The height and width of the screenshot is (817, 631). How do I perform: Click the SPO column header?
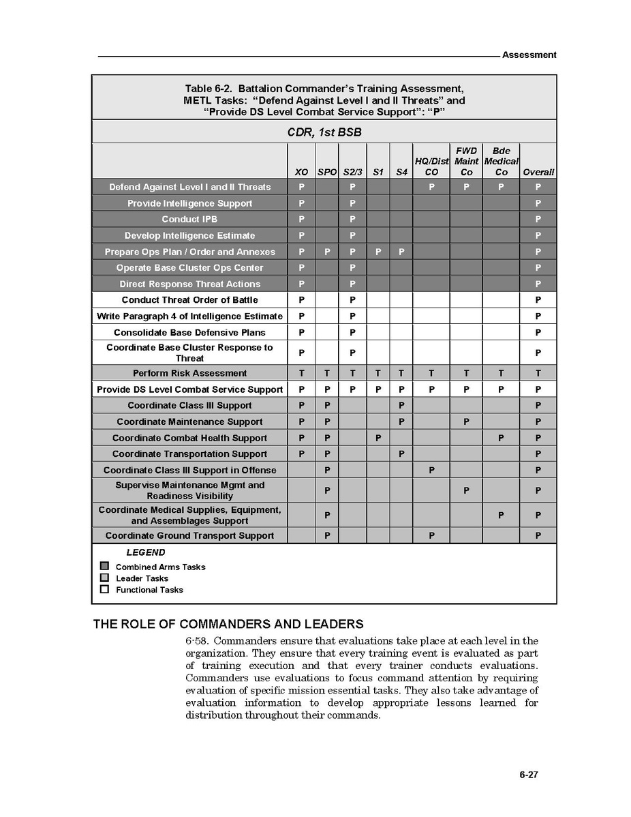point(327,173)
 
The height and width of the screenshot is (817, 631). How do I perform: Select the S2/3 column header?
point(352,173)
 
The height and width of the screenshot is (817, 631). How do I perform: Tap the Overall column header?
point(538,173)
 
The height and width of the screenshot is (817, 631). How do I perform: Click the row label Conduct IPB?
point(189,220)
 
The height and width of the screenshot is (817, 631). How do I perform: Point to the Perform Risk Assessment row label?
point(189,373)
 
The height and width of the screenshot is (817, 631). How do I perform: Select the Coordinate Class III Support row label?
point(189,406)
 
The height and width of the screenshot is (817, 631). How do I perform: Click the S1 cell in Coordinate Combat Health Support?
point(378,438)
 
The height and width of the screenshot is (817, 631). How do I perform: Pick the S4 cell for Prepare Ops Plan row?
point(401,252)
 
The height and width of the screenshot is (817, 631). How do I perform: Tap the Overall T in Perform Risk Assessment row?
point(538,373)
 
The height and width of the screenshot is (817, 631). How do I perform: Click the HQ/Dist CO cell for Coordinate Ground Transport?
point(431,536)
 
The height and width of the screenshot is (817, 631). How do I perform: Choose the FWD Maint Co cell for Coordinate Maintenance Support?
point(466,422)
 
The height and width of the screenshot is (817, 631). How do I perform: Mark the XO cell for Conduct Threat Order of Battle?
point(301,300)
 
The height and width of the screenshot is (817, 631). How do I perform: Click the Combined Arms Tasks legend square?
point(104,566)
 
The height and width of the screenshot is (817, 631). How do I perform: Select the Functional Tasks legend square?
point(104,589)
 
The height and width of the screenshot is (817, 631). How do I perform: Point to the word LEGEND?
point(145,552)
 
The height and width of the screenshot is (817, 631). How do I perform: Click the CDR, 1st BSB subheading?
point(324,132)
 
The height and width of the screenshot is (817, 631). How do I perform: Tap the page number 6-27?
point(528,775)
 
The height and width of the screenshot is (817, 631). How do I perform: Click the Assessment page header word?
point(529,55)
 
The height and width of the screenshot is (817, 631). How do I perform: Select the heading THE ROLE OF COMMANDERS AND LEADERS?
point(228,624)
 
